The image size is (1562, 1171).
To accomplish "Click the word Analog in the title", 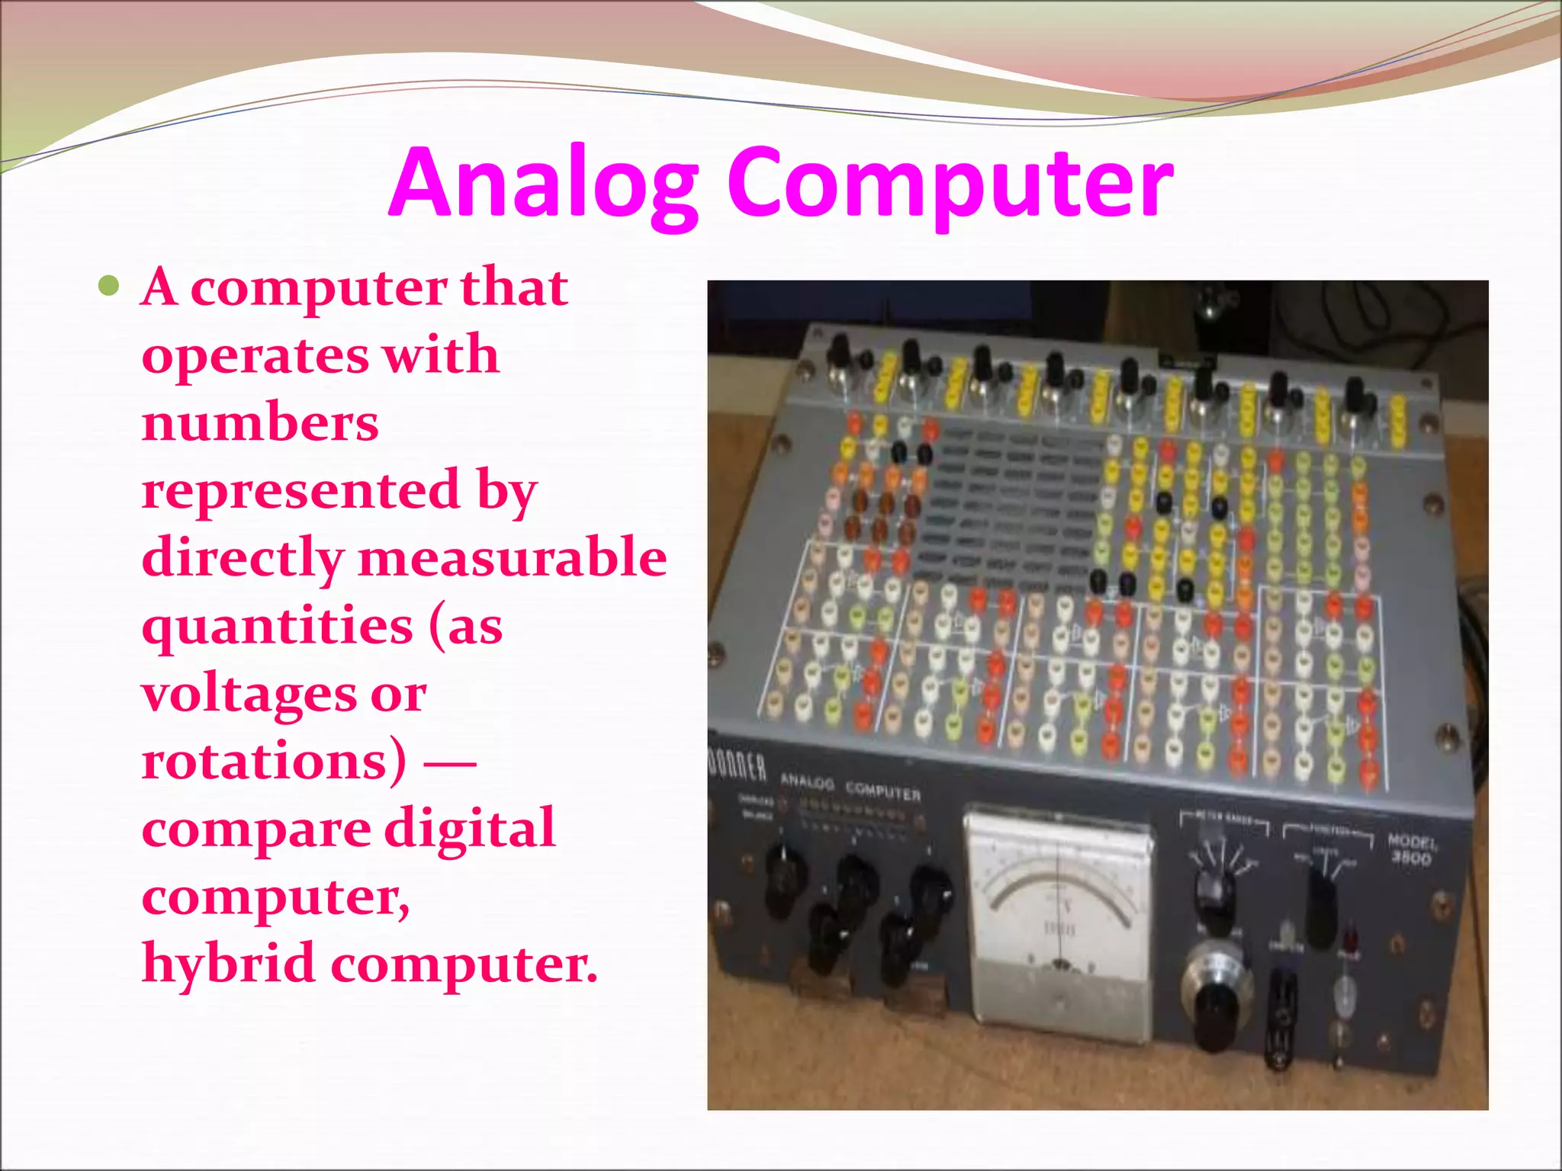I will pos(544,183).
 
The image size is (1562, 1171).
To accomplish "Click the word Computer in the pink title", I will pos(950,183).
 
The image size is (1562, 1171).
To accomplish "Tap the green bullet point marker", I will pos(110,287).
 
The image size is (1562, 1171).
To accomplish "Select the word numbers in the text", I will pos(260,423).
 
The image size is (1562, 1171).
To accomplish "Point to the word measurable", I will pos(513,557).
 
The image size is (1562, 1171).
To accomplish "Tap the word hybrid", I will pos(228,963).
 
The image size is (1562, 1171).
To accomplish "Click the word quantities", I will pos(277,626).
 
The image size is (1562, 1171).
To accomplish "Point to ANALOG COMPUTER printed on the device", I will pos(850,787).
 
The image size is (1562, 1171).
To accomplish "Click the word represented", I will pos(301,490).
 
